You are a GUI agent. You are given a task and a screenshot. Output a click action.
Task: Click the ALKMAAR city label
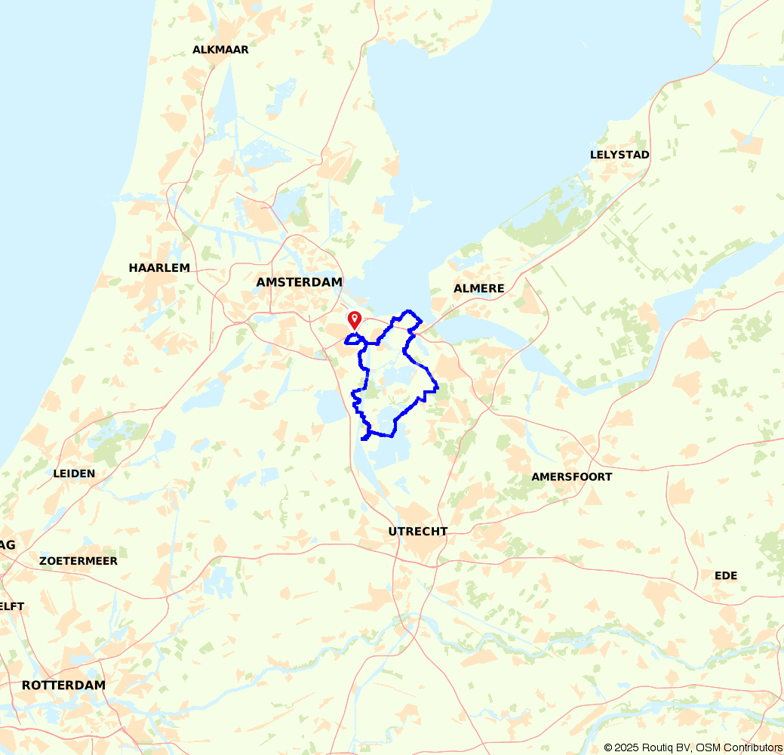[220, 50]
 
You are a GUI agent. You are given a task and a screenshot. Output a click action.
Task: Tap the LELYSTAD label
[620, 155]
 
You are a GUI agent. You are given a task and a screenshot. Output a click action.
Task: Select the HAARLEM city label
[159, 268]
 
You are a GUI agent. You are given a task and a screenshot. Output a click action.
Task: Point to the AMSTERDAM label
[299, 282]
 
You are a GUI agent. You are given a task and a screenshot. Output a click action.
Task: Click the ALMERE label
[478, 288]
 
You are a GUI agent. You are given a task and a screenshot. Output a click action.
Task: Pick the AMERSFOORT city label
[571, 477]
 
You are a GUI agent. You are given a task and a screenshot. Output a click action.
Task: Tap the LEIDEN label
[75, 474]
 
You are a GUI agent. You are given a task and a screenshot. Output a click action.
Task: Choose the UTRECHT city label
[417, 532]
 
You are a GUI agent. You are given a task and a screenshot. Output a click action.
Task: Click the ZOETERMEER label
[78, 562]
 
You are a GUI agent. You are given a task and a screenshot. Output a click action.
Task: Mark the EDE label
[726, 576]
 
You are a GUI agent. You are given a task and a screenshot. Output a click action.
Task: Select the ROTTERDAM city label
[63, 686]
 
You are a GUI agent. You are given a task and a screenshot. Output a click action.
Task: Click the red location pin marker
[354, 320]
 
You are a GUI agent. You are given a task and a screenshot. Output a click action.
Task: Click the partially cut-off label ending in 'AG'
[8, 545]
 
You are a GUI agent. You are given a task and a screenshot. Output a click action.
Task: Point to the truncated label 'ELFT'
[12, 607]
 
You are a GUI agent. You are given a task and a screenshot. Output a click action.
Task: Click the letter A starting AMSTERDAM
[261, 282]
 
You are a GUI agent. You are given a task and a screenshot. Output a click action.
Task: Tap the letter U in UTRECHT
[392, 532]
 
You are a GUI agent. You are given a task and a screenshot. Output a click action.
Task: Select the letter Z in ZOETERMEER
[43, 562]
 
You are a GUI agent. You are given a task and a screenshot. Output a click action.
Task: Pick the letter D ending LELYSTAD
[645, 155]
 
